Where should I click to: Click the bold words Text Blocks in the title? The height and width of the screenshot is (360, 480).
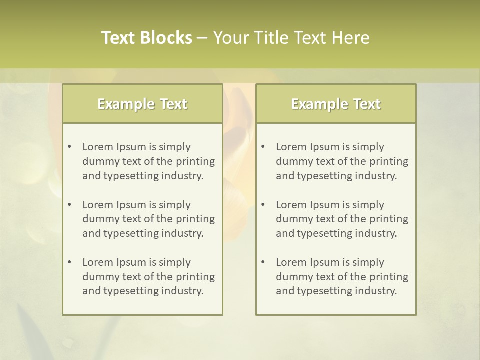147,38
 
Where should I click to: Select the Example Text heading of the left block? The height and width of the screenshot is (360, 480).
142,104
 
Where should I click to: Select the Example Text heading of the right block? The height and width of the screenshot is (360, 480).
336,104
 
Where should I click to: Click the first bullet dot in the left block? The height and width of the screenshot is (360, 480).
69,147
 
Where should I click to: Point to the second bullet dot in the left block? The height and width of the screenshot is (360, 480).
69,205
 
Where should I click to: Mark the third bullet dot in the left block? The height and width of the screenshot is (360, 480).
69,262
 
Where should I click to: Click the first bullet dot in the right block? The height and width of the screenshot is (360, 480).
263,147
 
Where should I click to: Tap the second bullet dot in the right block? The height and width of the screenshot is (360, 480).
263,205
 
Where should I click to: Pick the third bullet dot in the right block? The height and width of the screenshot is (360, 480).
263,262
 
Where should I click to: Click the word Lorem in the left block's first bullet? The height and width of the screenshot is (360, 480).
97,147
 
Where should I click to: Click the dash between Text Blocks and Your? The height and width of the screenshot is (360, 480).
202,38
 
